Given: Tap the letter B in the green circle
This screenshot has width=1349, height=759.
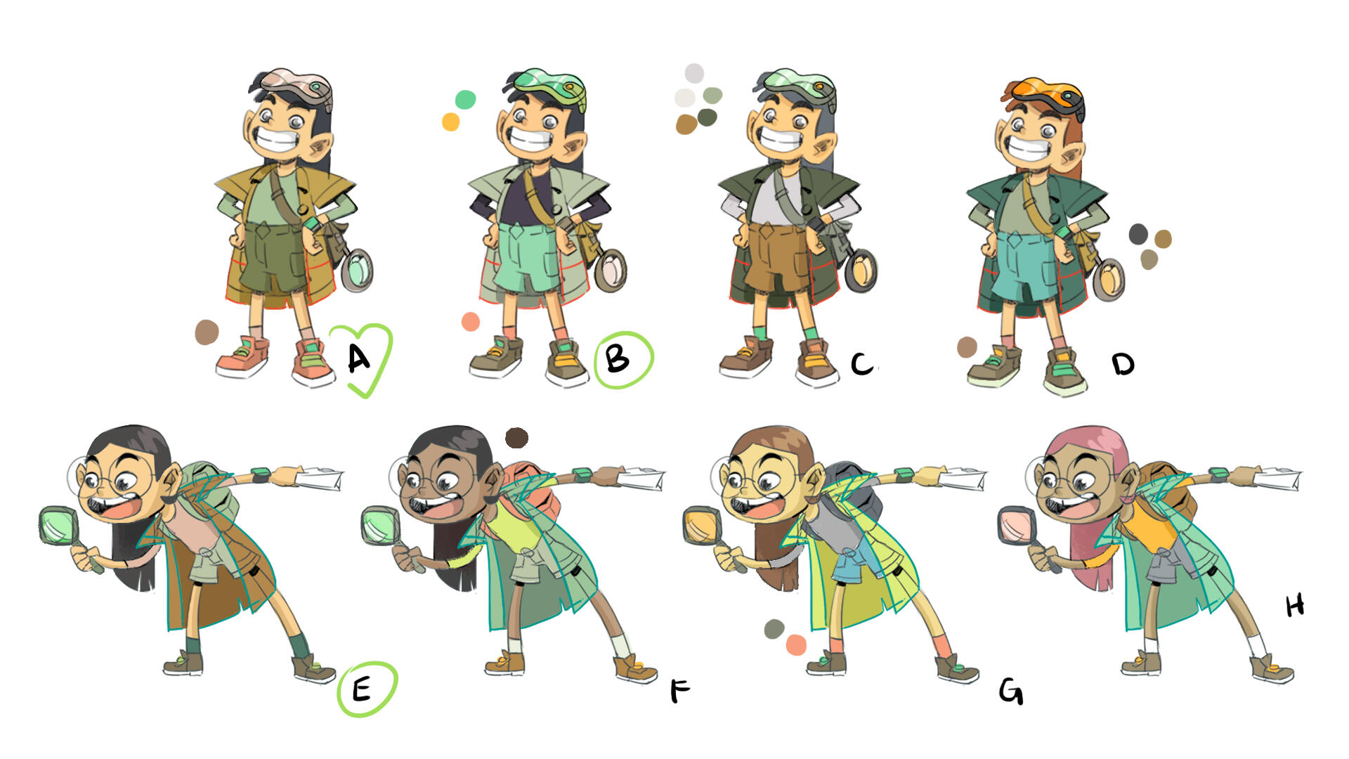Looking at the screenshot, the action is click(x=618, y=359).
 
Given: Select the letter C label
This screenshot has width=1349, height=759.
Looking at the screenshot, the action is click(x=862, y=363).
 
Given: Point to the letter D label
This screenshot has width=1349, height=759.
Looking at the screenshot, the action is click(x=1123, y=363).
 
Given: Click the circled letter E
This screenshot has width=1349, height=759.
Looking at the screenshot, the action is click(x=361, y=689).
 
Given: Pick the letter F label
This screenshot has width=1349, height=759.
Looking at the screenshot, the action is click(x=679, y=691).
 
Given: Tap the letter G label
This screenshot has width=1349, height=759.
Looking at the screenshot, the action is click(x=1011, y=692).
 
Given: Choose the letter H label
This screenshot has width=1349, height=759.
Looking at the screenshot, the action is click(x=1295, y=605).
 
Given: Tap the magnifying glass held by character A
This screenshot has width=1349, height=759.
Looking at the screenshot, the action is click(x=358, y=270).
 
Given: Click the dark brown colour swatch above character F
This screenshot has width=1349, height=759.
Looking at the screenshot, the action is click(x=516, y=438).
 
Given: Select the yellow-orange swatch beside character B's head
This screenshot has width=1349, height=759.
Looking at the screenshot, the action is click(x=450, y=122).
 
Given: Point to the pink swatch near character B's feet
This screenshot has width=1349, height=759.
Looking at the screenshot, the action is click(x=471, y=322).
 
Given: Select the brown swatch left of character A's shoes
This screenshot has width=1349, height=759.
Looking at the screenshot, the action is click(x=207, y=332).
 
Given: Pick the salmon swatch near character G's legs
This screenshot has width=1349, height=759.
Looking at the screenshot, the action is click(x=796, y=644).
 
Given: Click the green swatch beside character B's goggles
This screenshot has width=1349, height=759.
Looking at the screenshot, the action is click(x=465, y=100).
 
